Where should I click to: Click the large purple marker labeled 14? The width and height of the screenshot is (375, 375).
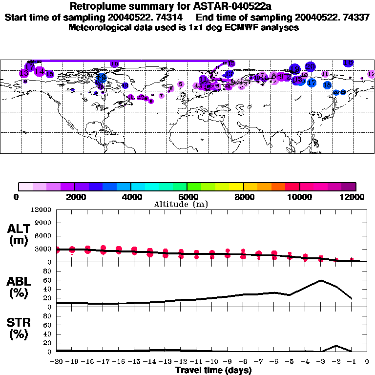click(40, 72)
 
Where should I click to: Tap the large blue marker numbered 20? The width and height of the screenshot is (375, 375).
click(310, 66)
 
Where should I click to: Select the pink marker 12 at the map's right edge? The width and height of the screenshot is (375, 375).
click(371, 74)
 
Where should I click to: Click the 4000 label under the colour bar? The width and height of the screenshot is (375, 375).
click(130, 197)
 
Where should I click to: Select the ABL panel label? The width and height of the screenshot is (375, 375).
click(19, 287)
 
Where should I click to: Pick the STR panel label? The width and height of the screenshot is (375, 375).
click(19, 329)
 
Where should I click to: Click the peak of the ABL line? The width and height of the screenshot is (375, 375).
click(321, 280)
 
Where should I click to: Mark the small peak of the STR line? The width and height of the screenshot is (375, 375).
click(336, 346)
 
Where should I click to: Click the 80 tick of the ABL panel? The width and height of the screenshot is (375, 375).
click(47, 271)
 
